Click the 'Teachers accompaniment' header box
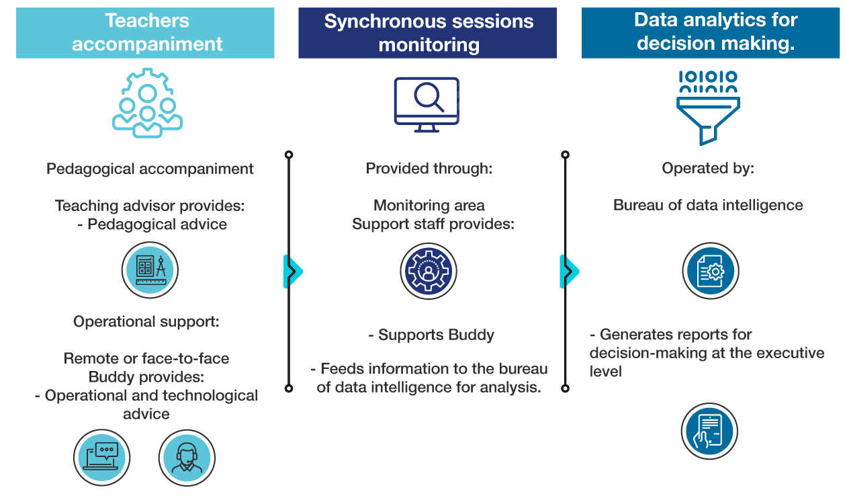click(x=145, y=32)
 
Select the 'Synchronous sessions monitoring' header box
click(x=427, y=32)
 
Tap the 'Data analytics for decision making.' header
click(x=711, y=32)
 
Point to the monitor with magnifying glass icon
click(x=427, y=104)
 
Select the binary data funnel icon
click(x=708, y=108)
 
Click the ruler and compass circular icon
click(x=150, y=271)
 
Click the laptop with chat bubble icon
click(x=101, y=458)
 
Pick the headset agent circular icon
click(x=186, y=458)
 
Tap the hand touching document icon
click(x=709, y=431)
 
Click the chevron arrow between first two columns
click(x=293, y=272)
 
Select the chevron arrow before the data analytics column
click(x=569, y=272)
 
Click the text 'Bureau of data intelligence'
click(x=708, y=206)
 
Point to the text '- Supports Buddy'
click(x=431, y=335)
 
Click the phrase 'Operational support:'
click(x=146, y=322)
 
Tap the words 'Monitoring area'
click(x=429, y=206)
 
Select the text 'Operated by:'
click(x=708, y=169)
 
